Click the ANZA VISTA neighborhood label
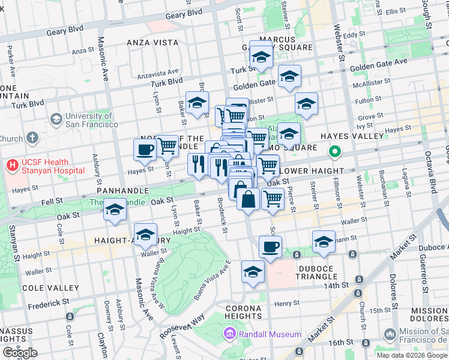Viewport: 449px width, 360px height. (152, 43)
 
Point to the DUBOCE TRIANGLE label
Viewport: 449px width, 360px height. (316, 271)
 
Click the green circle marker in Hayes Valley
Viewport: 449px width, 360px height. (337, 152)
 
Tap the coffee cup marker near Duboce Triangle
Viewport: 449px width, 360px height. (270, 246)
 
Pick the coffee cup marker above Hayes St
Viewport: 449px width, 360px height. (145, 149)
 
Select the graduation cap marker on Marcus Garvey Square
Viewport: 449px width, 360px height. (261, 57)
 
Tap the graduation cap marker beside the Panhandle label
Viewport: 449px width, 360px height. (115, 210)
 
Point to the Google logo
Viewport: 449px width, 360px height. (20, 353)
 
